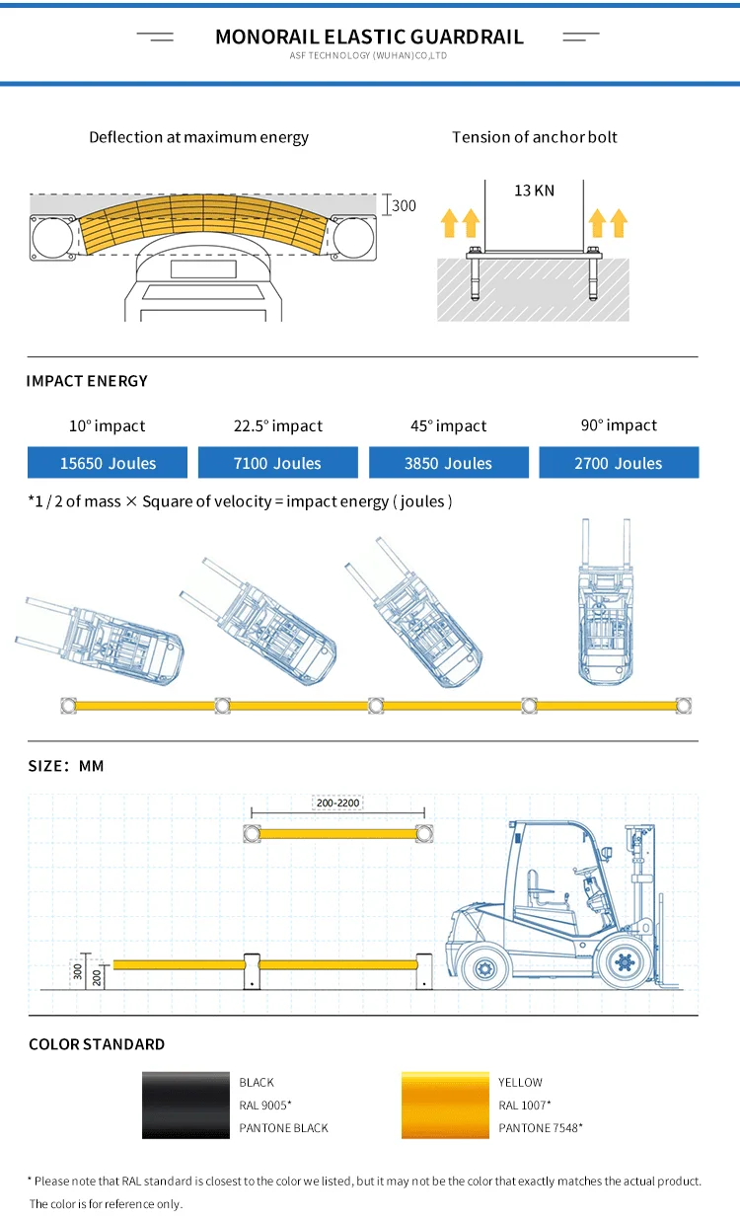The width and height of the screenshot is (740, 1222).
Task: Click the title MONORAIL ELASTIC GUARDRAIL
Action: click(x=369, y=38)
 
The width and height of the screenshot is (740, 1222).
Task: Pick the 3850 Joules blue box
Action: click(x=449, y=463)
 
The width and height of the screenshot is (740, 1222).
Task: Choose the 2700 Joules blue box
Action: click(x=619, y=463)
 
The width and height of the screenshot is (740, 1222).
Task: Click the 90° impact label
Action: click(x=619, y=425)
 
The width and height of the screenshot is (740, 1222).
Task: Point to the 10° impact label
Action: click(x=107, y=426)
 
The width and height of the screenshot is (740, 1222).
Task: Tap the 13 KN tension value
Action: click(x=534, y=191)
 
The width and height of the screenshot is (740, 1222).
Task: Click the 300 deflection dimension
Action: click(x=405, y=206)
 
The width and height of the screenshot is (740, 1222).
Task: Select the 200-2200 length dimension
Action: click(x=336, y=802)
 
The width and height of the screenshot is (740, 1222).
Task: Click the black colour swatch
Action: click(x=185, y=1106)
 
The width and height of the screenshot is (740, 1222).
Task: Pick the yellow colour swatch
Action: click(x=445, y=1106)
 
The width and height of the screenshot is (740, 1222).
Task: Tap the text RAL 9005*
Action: click(x=265, y=1106)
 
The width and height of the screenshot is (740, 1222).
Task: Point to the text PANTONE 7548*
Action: click(x=540, y=1128)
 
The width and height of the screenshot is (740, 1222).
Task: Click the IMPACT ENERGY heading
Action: click(x=87, y=381)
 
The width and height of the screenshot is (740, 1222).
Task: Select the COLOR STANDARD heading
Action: click(x=97, y=1044)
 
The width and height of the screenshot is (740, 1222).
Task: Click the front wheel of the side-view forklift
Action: click(x=624, y=960)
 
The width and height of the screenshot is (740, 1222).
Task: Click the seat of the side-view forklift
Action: click(x=538, y=888)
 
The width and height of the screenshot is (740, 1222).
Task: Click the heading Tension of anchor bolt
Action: click(x=534, y=137)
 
